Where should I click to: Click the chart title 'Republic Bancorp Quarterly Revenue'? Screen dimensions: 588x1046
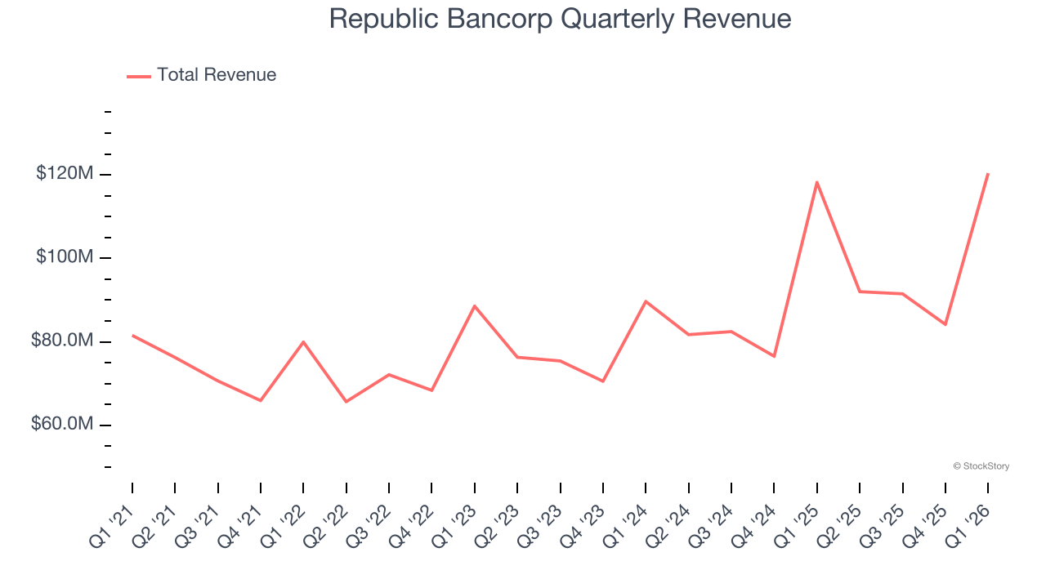click(x=560, y=19)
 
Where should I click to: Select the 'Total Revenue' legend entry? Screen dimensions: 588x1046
click(x=217, y=75)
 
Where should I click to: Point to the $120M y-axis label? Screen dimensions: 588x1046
click(x=64, y=174)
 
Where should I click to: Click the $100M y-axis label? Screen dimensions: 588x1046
click(x=64, y=257)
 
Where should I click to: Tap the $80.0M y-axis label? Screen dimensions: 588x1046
click(x=61, y=341)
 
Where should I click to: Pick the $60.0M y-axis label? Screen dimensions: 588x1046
click(x=61, y=425)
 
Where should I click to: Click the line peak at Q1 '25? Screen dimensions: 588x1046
click(x=817, y=182)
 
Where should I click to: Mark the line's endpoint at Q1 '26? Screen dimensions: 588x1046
click(x=988, y=174)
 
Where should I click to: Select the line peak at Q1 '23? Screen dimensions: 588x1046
click(x=475, y=305)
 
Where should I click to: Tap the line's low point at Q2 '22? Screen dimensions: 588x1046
click(x=346, y=401)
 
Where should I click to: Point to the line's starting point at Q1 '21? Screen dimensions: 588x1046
click(x=132, y=335)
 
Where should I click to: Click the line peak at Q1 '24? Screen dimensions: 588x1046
click(x=646, y=301)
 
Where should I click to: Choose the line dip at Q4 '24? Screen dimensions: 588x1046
click(x=774, y=356)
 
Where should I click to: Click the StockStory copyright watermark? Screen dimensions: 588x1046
click(x=981, y=466)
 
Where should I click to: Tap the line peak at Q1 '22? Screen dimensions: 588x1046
click(x=303, y=341)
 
